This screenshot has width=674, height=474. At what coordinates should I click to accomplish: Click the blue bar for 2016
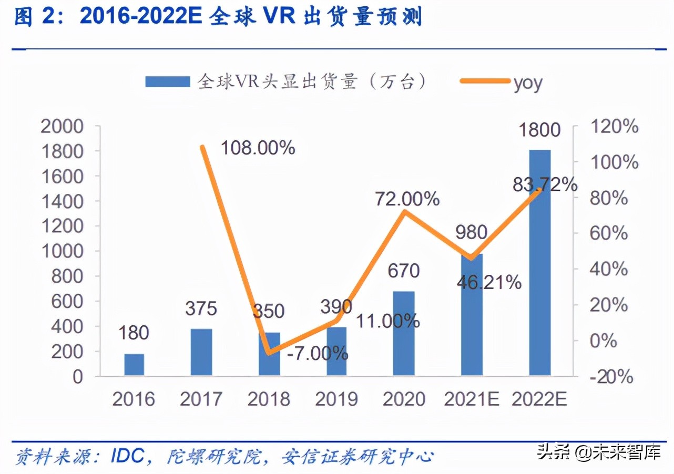(x=134, y=365)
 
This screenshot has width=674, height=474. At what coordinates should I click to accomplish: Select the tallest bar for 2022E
(x=539, y=263)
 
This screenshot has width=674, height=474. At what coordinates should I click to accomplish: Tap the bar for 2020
(x=404, y=333)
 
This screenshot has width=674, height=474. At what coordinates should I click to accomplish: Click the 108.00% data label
(x=258, y=148)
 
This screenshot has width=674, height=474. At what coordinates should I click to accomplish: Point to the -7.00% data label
(x=318, y=353)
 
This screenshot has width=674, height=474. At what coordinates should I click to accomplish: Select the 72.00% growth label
(x=407, y=199)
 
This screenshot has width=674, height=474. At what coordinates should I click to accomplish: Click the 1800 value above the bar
(x=539, y=130)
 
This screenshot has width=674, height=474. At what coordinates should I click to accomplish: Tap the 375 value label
(x=201, y=309)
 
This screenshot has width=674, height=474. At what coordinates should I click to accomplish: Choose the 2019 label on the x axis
(x=336, y=399)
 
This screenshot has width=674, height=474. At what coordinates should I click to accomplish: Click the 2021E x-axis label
(x=472, y=399)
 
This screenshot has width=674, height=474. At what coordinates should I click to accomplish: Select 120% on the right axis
(x=614, y=127)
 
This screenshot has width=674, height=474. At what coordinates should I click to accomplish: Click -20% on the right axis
(x=612, y=376)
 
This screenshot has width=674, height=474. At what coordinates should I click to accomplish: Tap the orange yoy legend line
(x=485, y=81)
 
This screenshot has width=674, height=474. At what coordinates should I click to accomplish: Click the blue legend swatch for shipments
(x=167, y=81)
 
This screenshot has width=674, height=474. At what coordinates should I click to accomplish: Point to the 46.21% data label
(x=488, y=283)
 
